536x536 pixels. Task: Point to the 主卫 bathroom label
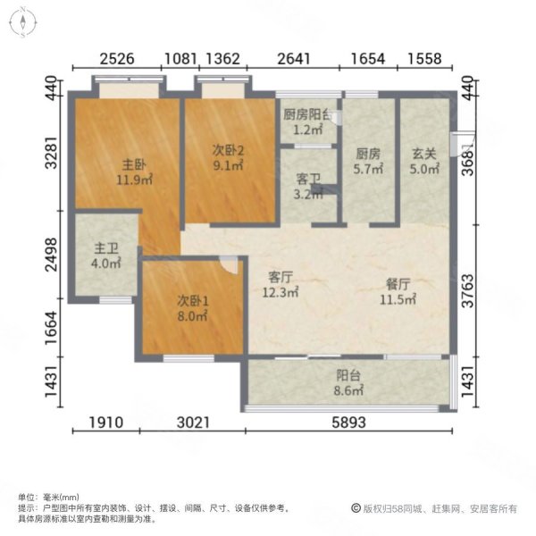point(106,250)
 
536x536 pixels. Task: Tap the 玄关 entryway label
point(423,153)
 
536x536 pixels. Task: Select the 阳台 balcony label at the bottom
point(349,377)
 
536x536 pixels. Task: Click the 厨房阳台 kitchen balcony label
point(309,115)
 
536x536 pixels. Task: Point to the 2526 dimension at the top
point(116,60)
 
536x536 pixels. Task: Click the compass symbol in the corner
point(23,21)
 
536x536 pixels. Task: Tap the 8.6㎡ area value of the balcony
point(349,390)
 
